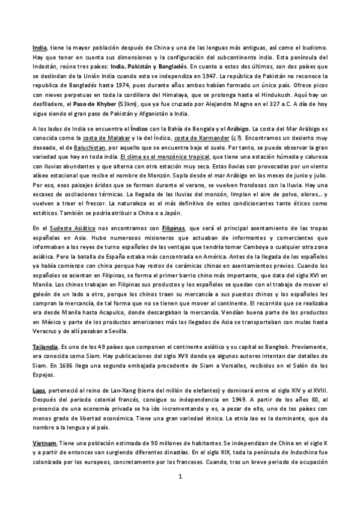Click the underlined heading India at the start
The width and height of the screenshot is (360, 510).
pyautogui.click(x=39, y=46)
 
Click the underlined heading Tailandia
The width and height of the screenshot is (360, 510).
pyautogui.click(x=45, y=364)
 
